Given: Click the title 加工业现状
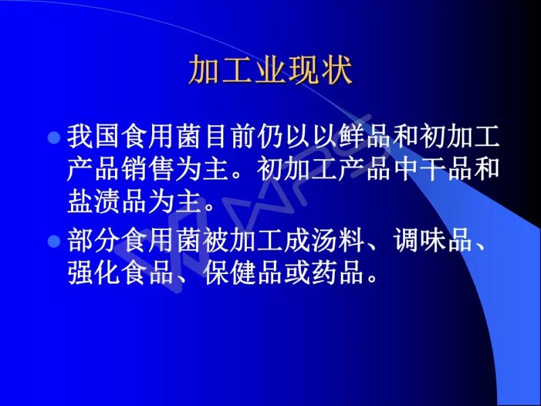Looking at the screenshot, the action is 270,70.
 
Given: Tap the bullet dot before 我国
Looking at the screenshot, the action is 54,138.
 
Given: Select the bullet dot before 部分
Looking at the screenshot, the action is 54,242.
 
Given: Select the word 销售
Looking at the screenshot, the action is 148,169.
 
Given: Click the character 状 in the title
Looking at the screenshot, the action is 337,70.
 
